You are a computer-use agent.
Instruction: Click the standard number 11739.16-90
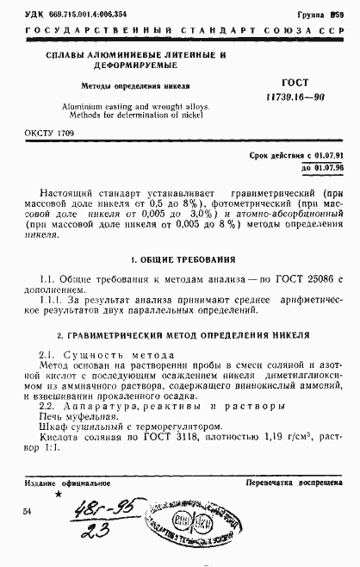click(293, 96)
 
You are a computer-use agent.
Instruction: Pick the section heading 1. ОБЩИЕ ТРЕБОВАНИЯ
click(180, 259)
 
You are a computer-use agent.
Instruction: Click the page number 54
click(27, 511)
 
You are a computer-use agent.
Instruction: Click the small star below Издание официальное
click(59, 495)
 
